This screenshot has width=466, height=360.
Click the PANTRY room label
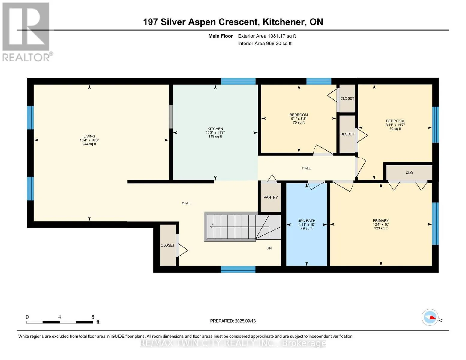point(270,197)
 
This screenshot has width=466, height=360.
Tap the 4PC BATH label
point(306,220)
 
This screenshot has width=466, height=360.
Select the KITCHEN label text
point(215,129)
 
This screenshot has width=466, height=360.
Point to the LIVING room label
point(89,136)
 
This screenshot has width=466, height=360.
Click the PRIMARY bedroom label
point(381,220)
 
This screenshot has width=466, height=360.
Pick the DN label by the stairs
point(269,248)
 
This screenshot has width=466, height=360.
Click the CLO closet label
point(409,172)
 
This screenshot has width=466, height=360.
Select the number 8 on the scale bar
point(93,317)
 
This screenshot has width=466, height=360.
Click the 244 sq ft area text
point(89,144)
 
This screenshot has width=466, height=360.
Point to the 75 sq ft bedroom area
point(299,122)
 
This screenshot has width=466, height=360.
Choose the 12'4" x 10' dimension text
point(381,224)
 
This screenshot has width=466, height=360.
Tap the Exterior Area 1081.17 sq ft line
point(267,36)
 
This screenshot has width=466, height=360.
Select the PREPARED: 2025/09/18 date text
point(233,321)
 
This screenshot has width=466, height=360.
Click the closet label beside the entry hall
point(168,245)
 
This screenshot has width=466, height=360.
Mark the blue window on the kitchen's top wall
point(238,81)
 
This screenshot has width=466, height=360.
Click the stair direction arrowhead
point(212,226)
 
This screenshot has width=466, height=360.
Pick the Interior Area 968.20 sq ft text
point(265,43)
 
